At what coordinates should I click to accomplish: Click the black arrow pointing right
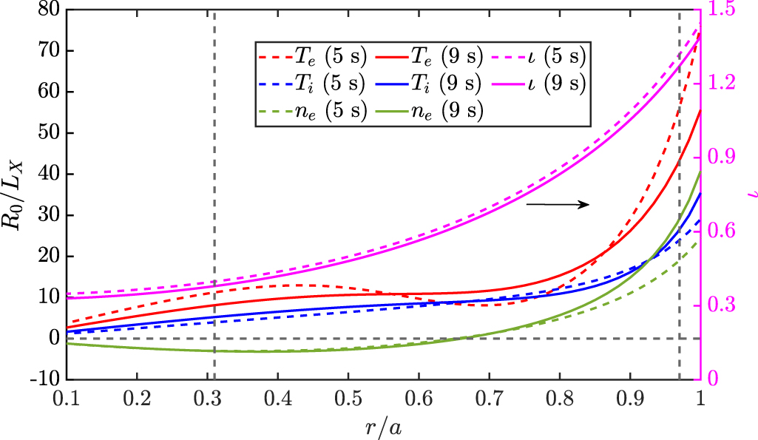(x=558, y=204)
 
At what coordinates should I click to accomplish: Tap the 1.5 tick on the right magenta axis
(x=721, y=10)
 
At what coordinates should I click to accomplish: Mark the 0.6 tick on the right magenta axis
(x=721, y=231)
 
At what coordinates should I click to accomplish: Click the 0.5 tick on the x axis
(x=348, y=396)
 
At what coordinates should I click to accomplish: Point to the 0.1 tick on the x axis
(x=67, y=396)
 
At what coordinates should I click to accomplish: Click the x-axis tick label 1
(x=700, y=396)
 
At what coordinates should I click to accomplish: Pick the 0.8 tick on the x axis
(x=558, y=396)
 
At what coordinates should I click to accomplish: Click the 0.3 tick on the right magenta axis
(x=721, y=305)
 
